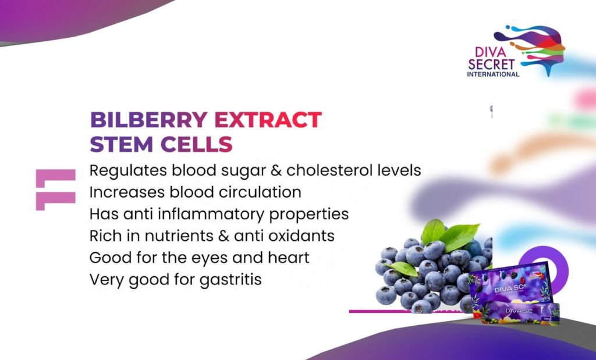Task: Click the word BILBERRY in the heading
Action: pos(148,120)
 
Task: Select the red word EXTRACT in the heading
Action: pos(268,120)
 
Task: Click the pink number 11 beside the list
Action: pos(55,190)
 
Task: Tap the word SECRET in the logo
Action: pos(491,64)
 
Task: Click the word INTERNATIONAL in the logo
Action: pos(493,74)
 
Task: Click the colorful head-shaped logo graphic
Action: pos(532,48)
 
